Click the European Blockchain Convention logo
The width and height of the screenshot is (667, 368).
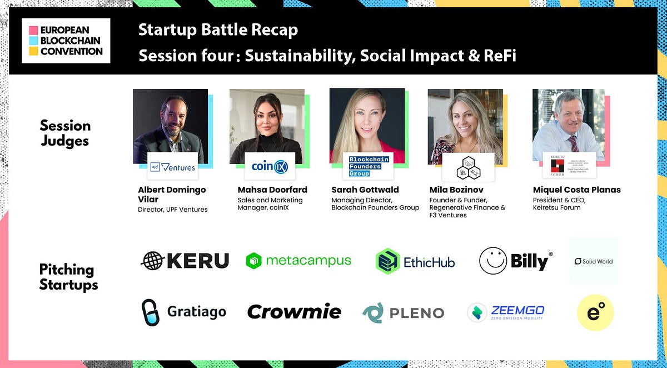[x=66, y=41]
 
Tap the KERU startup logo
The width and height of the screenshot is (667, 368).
[x=185, y=261]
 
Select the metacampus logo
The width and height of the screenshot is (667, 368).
[x=298, y=261]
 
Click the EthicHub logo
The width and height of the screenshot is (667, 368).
[x=415, y=261]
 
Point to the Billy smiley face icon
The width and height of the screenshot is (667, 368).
[x=493, y=261]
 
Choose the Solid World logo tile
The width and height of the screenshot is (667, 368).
[x=594, y=261]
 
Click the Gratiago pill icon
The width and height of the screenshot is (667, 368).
[x=150, y=312]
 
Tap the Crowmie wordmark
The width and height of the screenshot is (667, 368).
[x=294, y=312]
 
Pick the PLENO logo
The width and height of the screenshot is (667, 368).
[x=403, y=313]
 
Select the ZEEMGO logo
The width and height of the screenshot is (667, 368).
[x=506, y=312]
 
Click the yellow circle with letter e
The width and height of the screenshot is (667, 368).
[x=595, y=312]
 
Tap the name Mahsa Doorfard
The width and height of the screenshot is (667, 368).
[x=272, y=190]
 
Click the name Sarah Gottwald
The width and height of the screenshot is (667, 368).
[x=365, y=190]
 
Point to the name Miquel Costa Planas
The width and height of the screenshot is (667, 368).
[x=576, y=190]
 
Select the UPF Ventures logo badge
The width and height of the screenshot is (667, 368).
[x=173, y=166]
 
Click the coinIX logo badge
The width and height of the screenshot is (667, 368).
[x=270, y=166]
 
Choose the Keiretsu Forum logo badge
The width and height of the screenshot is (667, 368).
[x=569, y=165]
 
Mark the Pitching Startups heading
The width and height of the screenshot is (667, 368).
[x=68, y=277]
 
